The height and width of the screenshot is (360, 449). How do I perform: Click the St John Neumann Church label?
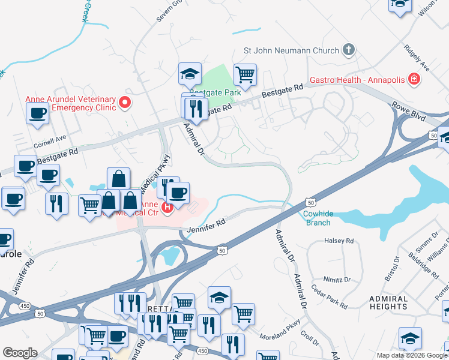click(291, 51)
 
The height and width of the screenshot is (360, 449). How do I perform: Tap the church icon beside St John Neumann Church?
click(349, 50)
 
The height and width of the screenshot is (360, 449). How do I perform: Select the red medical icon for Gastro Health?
click(413, 79)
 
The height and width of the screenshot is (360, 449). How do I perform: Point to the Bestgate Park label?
click(206, 93)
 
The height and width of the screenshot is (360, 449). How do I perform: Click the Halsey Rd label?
click(339, 241)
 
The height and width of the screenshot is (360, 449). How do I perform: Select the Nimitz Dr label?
click(339, 280)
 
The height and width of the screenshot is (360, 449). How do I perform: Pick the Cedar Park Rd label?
click(330, 296)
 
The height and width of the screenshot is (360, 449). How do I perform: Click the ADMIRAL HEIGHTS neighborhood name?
click(388, 302)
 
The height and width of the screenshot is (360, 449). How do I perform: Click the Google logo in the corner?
click(20, 352)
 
